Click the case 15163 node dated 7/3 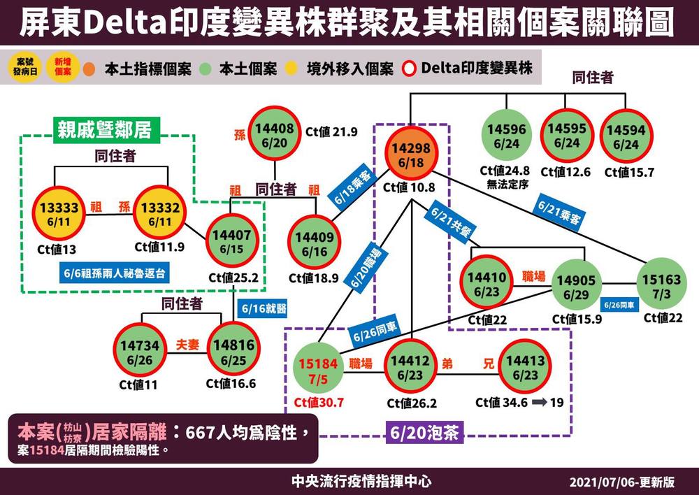[x=660, y=286]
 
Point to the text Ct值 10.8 [x=409, y=187]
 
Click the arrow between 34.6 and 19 [x=540, y=403]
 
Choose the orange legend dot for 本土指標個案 [x=89, y=69]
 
